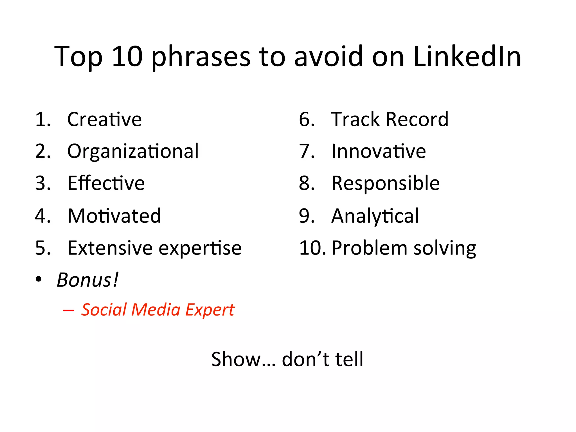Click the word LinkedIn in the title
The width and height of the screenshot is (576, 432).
coord(467,57)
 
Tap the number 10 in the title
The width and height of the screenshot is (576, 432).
coord(127,57)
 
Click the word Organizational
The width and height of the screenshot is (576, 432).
coord(133,151)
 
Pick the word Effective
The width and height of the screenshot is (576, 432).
coord(106,183)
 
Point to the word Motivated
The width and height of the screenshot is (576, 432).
coord(114,216)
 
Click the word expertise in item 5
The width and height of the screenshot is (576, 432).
coord(200,248)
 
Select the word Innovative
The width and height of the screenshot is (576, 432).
coord(379,151)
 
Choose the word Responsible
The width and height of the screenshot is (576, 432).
coord(385,183)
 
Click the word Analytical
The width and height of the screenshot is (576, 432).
coord(375,216)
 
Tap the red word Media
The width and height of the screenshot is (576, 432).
coord(156,310)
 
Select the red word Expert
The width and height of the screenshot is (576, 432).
coord(210,310)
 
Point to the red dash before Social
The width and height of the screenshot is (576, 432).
coord(69,310)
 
